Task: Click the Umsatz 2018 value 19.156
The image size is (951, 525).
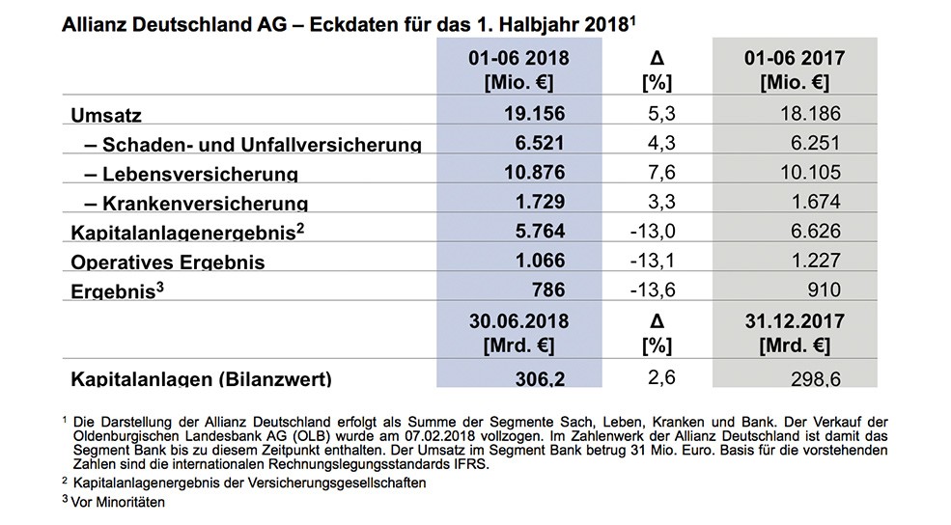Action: [534, 113]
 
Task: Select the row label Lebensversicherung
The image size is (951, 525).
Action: [200, 174]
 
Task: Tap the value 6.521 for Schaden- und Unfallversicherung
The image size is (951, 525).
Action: [540, 143]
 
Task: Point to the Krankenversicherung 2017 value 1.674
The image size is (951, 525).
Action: [816, 202]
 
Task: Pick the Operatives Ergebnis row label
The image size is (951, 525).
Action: [168, 262]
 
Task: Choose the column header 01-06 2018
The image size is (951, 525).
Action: [518, 58]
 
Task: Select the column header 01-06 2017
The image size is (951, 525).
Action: [795, 58]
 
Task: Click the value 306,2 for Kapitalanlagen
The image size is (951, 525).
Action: [540, 379]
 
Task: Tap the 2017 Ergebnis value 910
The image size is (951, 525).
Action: [825, 290]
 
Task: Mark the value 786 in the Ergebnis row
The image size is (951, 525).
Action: [548, 290]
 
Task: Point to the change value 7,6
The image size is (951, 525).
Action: [661, 172]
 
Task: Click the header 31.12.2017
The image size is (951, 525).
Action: [795, 321]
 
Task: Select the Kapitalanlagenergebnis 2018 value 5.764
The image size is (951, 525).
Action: [540, 231]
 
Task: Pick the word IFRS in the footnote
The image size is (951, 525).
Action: [473, 465]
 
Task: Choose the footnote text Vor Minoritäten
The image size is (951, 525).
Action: [118, 503]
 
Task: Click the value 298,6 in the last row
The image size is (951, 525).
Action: [816, 379]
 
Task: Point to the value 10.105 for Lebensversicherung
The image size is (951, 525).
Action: [810, 172]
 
